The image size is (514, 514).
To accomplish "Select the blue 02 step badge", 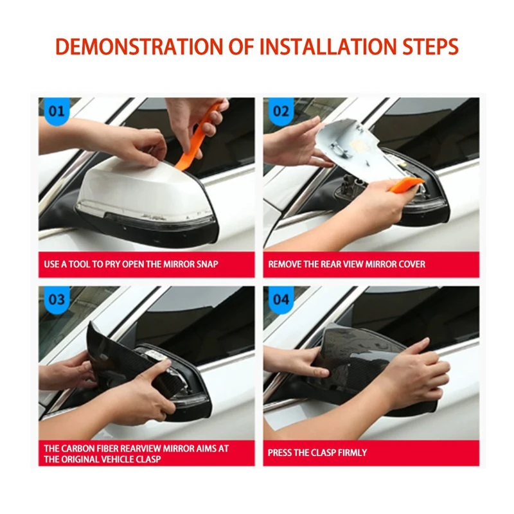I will pos(281,111).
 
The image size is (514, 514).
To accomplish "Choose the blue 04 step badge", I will pos(281,299).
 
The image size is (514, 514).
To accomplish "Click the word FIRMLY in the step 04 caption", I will pos(351,453).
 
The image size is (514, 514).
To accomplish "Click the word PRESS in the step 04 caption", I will pos(281,453).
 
